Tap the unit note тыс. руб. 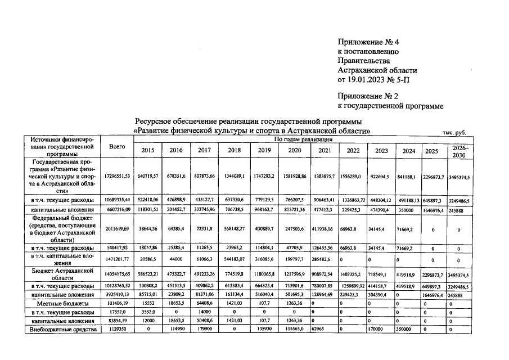pos(454,133)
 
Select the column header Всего pos(116,146)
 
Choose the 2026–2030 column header pos(460,150)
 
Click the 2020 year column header pos(295,150)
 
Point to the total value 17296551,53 pos(116,176)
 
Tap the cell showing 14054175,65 pos(116,275)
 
